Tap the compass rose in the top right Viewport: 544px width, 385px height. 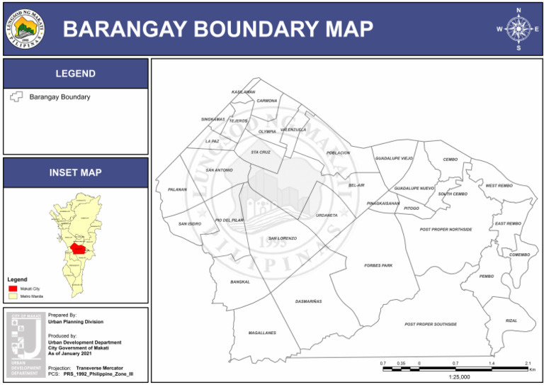point(518,29)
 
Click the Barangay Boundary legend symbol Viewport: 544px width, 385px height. point(16,97)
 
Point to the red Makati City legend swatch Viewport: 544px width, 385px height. point(13,289)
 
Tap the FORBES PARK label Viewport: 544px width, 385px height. point(378,265)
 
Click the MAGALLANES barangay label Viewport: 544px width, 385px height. point(262,333)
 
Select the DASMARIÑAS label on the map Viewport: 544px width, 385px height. point(308,301)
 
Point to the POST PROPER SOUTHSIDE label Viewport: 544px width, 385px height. point(431,324)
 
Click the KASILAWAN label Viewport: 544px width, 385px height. point(243,92)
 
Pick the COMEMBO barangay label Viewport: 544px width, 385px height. point(519,255)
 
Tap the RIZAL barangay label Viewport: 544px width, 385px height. point(511,320)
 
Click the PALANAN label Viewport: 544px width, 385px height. point(177,190)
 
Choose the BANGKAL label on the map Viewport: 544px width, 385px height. point(240,282)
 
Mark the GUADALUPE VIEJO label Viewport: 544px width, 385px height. point(394,158)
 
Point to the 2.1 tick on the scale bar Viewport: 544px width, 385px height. point(528,363)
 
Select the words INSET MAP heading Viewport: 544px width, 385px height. point(76,172)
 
